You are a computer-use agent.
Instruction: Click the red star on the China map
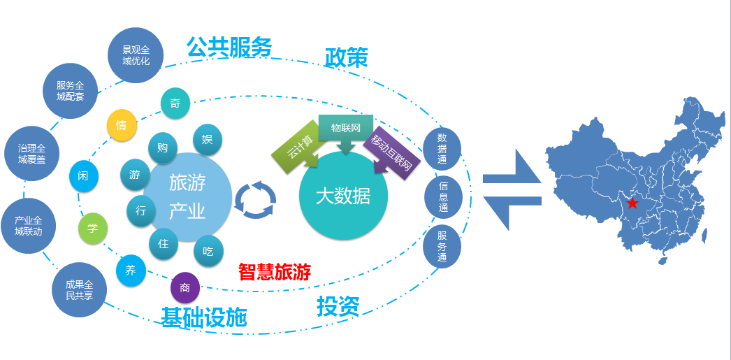pyautogui.click(x=632, y=203)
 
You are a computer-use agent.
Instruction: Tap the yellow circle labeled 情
pyautogui.click(x=122, y=125)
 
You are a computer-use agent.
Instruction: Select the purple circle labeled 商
pyautogui.click(x=185, y=287)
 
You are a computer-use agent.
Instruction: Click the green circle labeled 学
pyautogui.click(x=93, y=229)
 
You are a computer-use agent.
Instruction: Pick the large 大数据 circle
pyautogui.click(x=342, y=196)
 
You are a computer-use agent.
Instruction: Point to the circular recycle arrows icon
pyautogui.click(x=255, y=200)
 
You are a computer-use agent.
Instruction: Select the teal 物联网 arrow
pyautogui.click(x=345, y=130)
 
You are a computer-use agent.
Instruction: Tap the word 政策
pyautogui.click(x=346, y=57)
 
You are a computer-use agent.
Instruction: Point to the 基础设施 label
pyautogui.click(x=204, y=317)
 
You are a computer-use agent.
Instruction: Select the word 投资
pyautogui.click(x=338, y=306)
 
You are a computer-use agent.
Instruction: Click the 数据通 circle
pyautogui.click(x=442, y=148)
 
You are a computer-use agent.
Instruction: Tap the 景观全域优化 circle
pyautogui.click(x=136, y=55)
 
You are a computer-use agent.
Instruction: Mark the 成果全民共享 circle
pyautogui.click(x=79, y=290)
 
